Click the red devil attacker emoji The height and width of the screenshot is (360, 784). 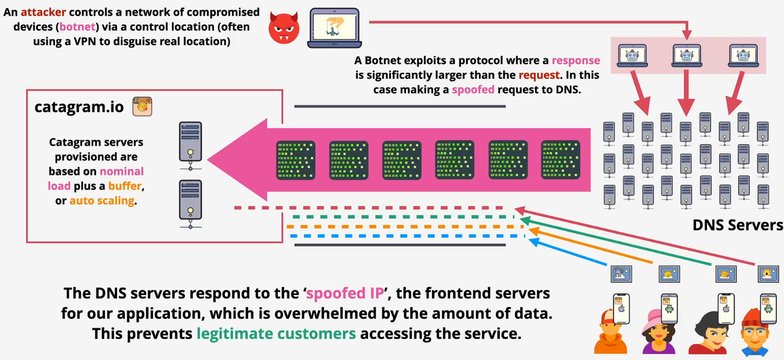coord(284,27)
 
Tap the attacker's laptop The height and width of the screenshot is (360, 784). coord(334,27)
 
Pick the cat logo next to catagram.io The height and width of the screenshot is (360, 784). coord(142,107)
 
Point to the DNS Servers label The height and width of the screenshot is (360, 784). coord(737,225)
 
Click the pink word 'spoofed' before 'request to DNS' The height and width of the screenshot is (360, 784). coord(473,89)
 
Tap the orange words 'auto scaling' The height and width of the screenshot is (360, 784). coord(102,200)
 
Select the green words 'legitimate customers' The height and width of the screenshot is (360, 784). coord(276,334)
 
